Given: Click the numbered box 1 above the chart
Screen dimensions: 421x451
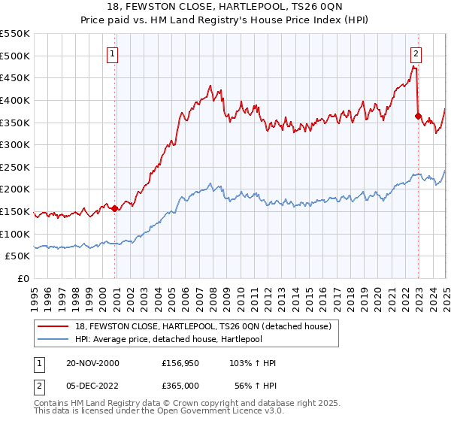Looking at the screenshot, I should (112, 53).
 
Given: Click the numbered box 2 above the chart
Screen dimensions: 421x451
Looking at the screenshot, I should (416, 53).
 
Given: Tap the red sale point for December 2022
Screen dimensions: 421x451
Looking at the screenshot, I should (418, 116).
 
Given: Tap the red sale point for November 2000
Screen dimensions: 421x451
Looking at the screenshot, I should (115, 209).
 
